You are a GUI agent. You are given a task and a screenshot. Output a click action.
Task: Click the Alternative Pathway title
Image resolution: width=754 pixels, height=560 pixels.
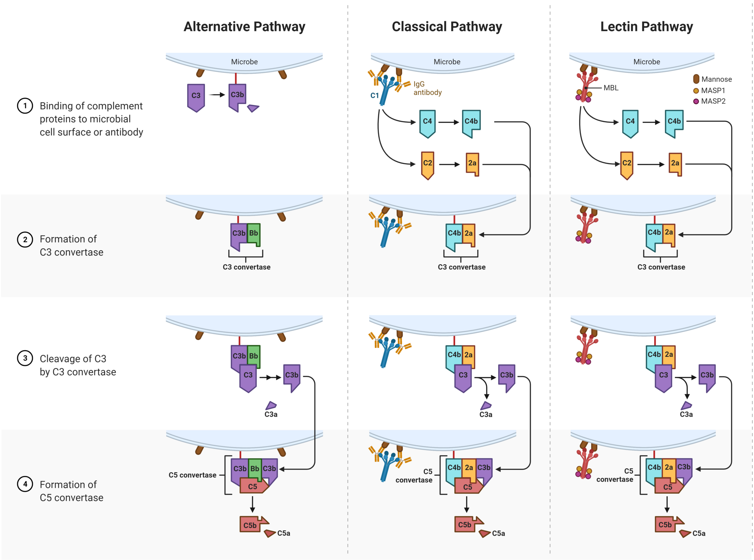pos(244,27)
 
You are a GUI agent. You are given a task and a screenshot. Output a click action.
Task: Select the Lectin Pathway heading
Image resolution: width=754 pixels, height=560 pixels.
pos(646,27)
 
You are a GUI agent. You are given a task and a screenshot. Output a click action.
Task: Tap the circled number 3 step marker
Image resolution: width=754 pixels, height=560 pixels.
pos(25,358)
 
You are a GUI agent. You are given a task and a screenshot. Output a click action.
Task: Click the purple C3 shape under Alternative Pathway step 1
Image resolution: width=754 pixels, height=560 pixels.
pos(196,96)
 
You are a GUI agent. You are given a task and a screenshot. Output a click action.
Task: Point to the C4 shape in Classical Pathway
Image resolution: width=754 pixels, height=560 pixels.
pos(427,122)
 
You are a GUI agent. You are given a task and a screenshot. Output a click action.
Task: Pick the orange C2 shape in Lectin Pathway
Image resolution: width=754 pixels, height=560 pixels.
pos(627,164)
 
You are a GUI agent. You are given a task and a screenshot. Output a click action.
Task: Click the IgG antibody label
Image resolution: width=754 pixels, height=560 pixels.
pos(427,88)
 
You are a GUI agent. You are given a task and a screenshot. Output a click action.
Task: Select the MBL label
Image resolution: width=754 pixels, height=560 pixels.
pos(611,88)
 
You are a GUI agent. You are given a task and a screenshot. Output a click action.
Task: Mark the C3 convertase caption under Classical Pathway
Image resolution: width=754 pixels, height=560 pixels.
pos(461,267)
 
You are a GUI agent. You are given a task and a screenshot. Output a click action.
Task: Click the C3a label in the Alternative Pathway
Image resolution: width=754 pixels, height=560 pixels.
pos(271,414)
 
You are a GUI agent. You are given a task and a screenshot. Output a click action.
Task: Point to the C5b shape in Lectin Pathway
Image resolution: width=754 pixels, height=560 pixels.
pos(665,524)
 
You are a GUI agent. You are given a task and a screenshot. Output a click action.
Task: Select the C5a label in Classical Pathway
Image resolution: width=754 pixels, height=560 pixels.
pos(498,533)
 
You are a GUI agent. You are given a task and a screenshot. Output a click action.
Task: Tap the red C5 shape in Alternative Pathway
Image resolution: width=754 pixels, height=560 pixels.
pos(253,486)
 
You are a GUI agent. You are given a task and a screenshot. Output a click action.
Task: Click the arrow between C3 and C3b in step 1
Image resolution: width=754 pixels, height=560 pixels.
pos(217,95)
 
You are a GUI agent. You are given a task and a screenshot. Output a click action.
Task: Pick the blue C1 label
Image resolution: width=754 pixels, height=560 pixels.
pos(374,95)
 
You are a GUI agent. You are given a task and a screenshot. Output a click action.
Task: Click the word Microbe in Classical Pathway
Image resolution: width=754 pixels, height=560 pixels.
pos(447,62)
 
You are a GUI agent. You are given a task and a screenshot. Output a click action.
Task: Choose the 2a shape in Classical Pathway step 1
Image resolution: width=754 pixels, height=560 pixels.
pos(472,163)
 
